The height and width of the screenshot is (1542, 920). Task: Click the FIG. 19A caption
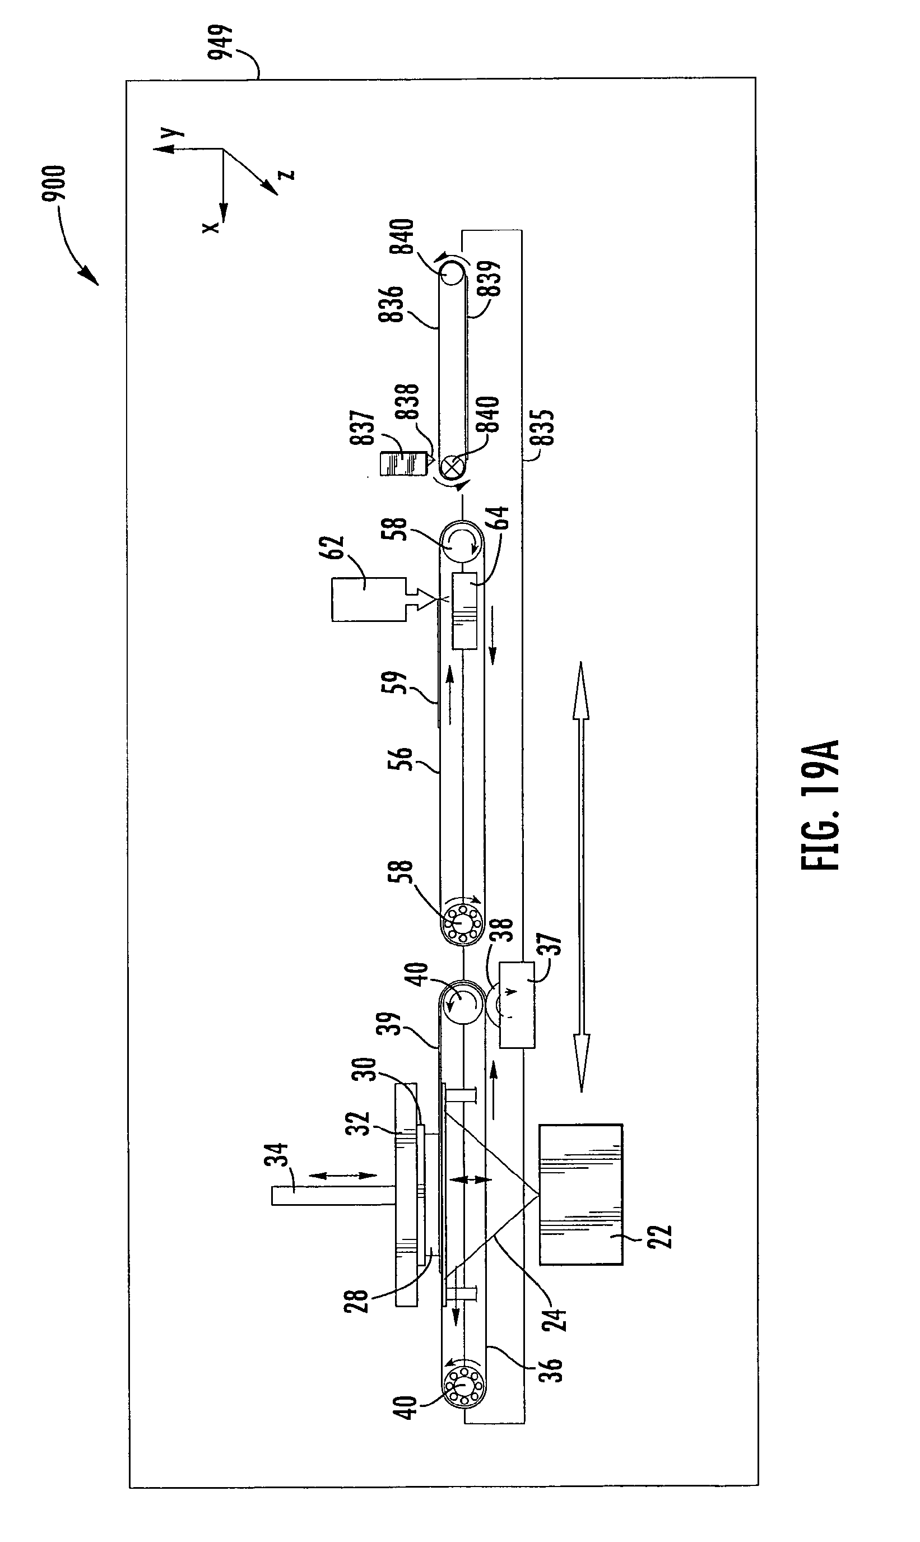click(820, 806)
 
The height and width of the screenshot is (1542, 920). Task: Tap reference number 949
click(220, 41)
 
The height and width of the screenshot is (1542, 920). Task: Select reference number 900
click(53, 185)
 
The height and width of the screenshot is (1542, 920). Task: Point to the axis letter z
click(287, 174)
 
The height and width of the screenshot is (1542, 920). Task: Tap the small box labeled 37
click(517, 1005)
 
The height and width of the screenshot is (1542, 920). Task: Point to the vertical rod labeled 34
click(333, 1196)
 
